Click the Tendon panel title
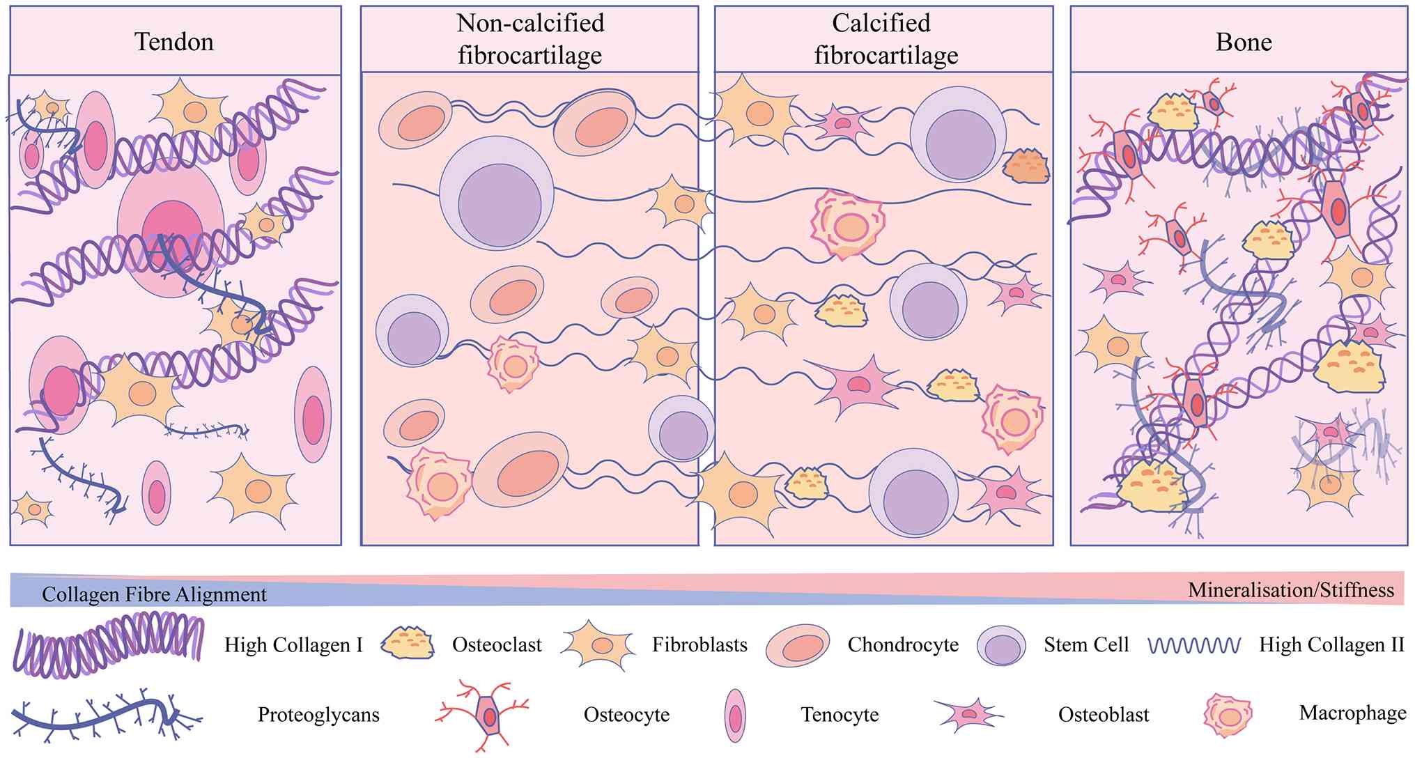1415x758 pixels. point(174,42)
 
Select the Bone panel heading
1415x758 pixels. point(1244,42)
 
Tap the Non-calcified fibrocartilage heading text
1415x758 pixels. point(530,39)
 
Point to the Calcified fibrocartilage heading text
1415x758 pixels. point(886,39)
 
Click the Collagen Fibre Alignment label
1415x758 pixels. point(154,594)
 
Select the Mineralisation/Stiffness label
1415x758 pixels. point(1291,590)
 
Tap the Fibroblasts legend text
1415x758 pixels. point(699,644)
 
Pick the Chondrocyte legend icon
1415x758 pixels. point(798,645)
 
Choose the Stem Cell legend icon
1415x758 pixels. point(1002,645)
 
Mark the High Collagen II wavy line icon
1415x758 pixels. point(1194,646)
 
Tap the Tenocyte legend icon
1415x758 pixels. point(735,716)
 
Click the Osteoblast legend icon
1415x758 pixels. point(969,714)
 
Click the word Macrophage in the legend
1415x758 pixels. point(1352,713)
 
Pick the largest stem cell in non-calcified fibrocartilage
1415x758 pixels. point(497,192)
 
